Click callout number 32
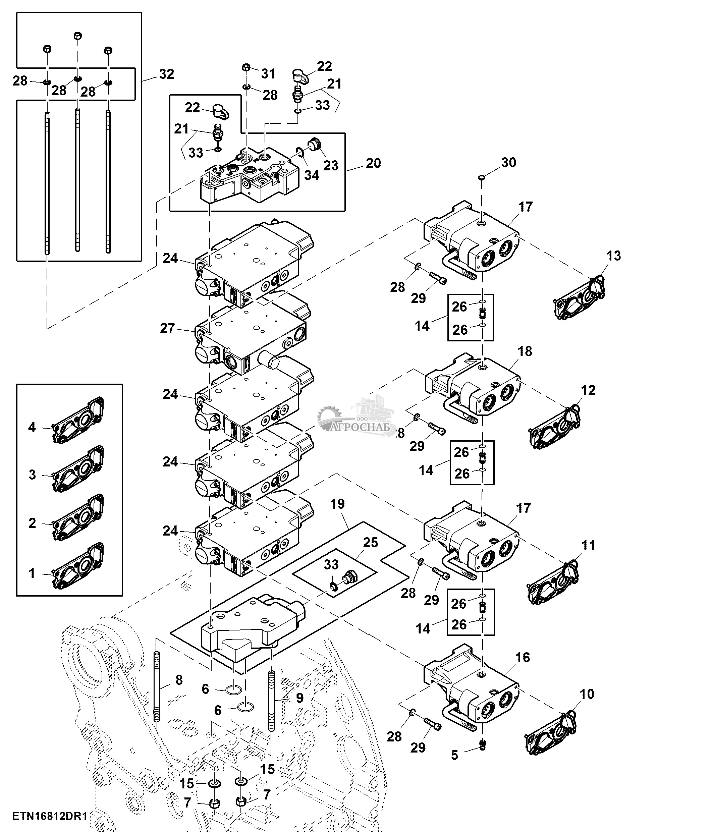167,74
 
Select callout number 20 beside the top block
373,163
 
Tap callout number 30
508,162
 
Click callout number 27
167,328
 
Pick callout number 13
613,256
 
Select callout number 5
454,755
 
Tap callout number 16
522,657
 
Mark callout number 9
299,698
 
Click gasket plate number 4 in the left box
78,421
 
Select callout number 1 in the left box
32,573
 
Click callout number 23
331,165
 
